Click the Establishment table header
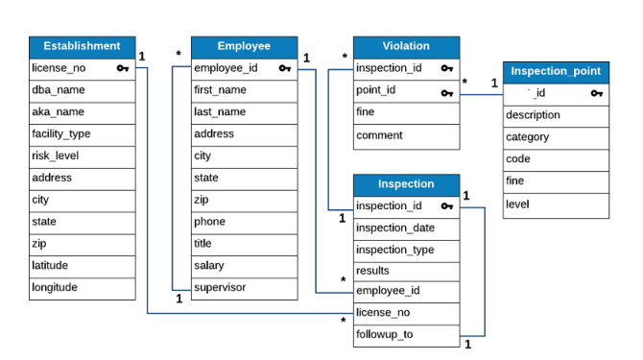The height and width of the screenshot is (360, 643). click(x=83, y=46)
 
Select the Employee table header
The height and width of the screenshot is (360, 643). click(x=244, y=46)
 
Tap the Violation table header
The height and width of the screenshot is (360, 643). click(x=406, y=46)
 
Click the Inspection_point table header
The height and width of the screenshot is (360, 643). click(x=556, y=71)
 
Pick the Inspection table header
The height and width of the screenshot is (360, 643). click(x=406, y=184)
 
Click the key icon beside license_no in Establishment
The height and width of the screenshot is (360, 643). click(x=123, y=68)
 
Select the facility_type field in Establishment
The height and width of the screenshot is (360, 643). click(x=61, y=133)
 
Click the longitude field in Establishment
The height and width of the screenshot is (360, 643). click(x=55, y=286)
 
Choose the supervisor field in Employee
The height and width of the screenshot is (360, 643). click(x=220, y=287)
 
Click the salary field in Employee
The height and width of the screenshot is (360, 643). click(x=210, y=265)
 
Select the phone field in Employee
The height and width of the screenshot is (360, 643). click(x=210, y=221)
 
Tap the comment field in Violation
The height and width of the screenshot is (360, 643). click(x=379, y=135)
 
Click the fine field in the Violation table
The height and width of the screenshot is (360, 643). click(x=366, y=112)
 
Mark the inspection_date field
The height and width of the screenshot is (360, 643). click(x=395, y=228)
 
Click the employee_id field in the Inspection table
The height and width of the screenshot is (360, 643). click(x=387, y=292)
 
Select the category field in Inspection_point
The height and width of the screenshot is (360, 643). click(x=528, y=137)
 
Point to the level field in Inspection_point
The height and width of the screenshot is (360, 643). click(x=517, y=204)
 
